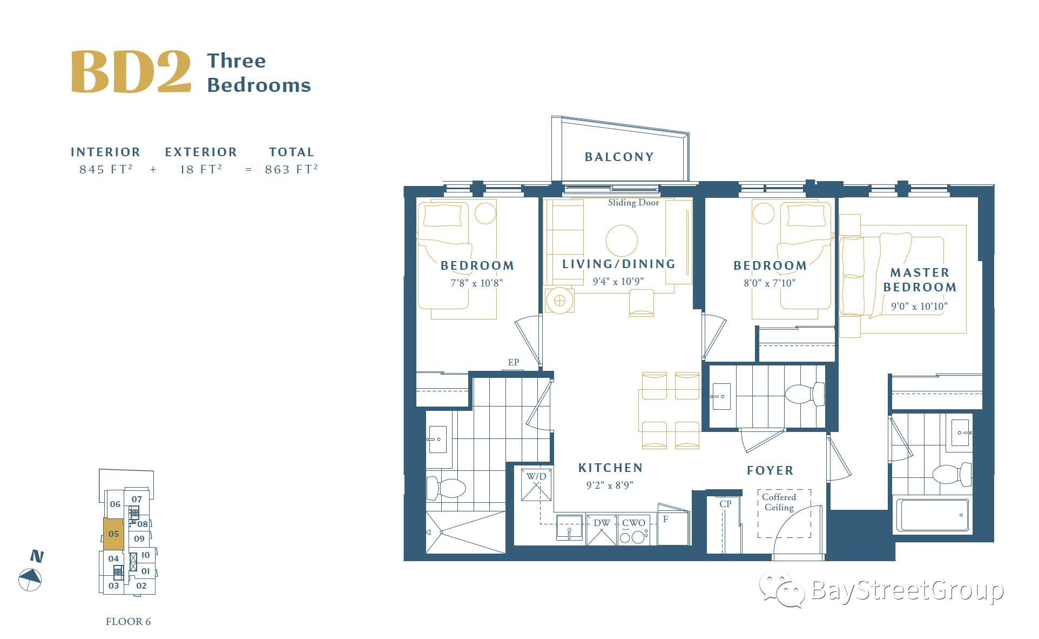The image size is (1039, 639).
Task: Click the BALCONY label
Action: [619, 157]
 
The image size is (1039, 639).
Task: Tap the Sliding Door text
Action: [633, 203]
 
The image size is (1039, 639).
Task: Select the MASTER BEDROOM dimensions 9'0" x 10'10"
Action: [919, 306]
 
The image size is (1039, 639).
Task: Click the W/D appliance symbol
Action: [536, 485]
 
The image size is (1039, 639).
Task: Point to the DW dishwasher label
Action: [601, 523]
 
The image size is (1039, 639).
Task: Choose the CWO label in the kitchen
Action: [633, 523]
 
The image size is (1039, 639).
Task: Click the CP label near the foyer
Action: [725, 503]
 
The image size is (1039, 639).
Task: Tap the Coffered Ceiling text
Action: [779, 502]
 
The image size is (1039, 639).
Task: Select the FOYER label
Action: [770, 470]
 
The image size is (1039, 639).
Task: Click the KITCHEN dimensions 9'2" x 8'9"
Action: [610, 485]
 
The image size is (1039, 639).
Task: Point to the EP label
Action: [513, 362]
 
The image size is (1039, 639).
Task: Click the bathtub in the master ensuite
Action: [932, 515]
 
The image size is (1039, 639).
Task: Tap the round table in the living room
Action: [622, 240]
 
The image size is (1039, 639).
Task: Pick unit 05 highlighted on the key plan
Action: [113, 534]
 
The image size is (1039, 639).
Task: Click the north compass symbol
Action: [30, 580]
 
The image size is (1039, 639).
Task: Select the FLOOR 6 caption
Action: [129, 621]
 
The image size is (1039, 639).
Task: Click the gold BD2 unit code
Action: [131, 71]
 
